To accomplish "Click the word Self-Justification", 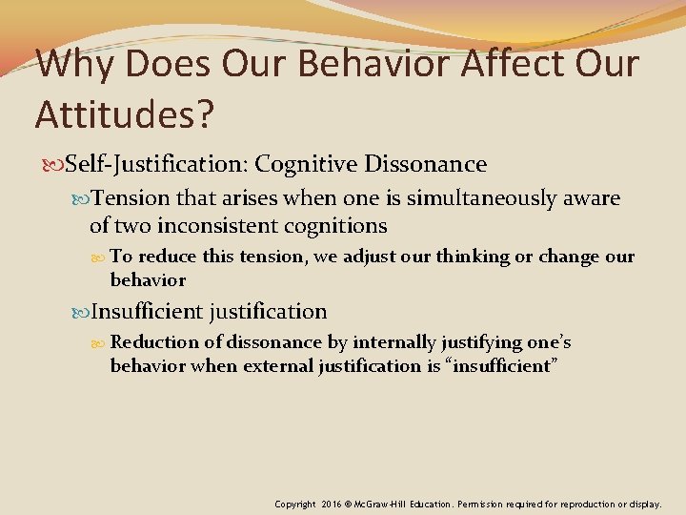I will click(152, 164).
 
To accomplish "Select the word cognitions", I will click(330, 226).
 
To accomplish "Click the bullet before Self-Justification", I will click(53, 165).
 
